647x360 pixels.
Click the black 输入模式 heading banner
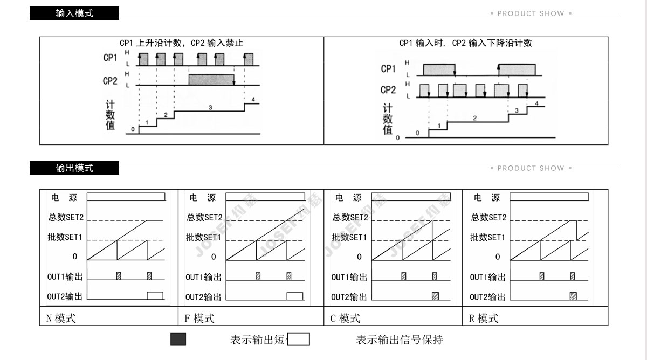(x=74, y=13)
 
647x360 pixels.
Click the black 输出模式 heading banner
(x=74, y=168)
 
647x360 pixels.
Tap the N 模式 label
(x=61, y=318)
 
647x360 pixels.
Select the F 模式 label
(x=199, y=318)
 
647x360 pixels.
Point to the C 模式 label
(x=345, y=318)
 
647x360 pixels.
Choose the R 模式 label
(x=484, y=318)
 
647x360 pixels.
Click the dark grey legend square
(x=178, y=339)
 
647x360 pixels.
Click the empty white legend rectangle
(x=299, y=339)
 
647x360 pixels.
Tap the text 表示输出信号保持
(x=400, y=340)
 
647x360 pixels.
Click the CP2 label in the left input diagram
(x=110, y=81)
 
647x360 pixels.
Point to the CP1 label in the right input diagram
(x=388, y=68)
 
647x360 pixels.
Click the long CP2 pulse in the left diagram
(x=211, y=80)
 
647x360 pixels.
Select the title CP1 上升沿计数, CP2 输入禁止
(x=181, y=43)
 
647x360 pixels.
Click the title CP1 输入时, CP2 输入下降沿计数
(x=465, y=43)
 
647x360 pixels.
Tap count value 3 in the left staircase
(x=210, y=108)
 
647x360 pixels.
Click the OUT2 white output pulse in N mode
(x=155, y=295)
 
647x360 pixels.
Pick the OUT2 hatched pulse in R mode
(x=573, y=296)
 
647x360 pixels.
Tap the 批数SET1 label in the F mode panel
(x=203, y=237)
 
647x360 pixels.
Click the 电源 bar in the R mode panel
(x=549, y=197)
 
